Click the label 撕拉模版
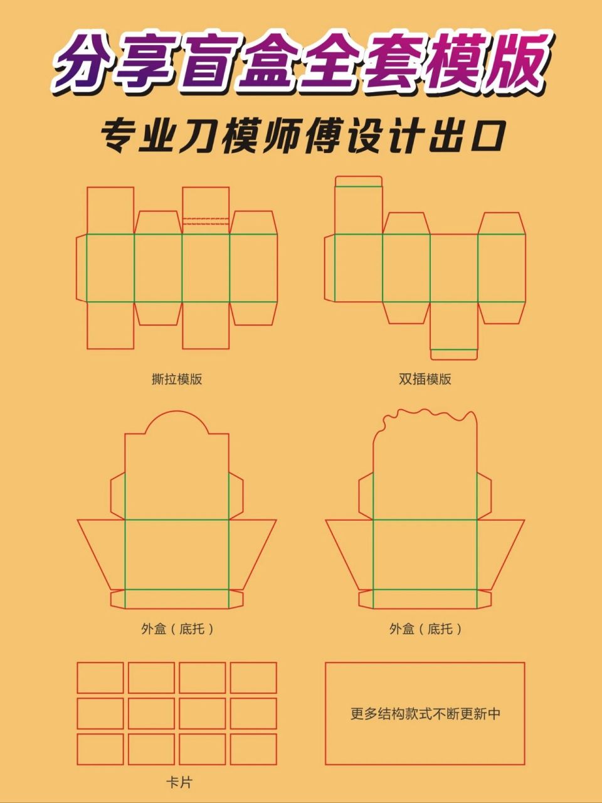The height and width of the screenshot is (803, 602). (177, 379)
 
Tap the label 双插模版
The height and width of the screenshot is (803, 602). (425, 379)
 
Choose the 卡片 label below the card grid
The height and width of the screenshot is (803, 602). (179, 782)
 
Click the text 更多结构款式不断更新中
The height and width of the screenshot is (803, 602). (425, 714)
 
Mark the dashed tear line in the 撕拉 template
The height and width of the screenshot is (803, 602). (206, 222)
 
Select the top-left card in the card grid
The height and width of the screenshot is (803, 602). (100, 678)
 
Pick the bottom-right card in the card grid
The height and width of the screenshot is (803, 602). (253, 749)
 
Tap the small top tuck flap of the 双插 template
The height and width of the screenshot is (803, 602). (358, 181)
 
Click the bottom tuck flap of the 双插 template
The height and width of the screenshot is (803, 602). (454, 354)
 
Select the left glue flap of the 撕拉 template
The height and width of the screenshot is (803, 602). (82, 268)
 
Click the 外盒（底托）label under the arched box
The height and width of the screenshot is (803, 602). (177, 629)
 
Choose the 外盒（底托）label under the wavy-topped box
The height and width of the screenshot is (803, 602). (425, 629)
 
